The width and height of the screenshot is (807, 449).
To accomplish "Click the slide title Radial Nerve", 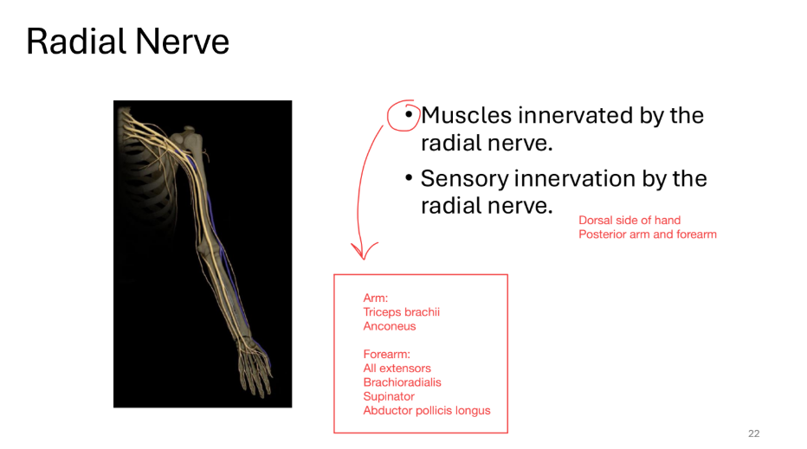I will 127,41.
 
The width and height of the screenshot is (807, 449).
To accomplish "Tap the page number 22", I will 752,433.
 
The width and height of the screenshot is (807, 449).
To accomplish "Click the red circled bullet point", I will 403,115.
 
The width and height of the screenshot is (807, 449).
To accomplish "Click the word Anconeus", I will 389,326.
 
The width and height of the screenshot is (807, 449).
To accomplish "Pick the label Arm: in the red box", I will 375,298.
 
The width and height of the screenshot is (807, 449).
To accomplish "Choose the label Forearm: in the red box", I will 386,354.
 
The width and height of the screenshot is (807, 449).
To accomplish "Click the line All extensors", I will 397,368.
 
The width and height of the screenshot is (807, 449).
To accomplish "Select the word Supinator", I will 389,396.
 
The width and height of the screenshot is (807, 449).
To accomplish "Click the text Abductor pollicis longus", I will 426,410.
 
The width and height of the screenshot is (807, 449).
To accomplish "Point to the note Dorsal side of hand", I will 629,220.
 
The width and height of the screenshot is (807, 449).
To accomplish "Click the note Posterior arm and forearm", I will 647,234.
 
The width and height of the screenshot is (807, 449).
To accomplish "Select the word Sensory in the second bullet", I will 464,178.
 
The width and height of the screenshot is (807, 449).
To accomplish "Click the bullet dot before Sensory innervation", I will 408,179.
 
